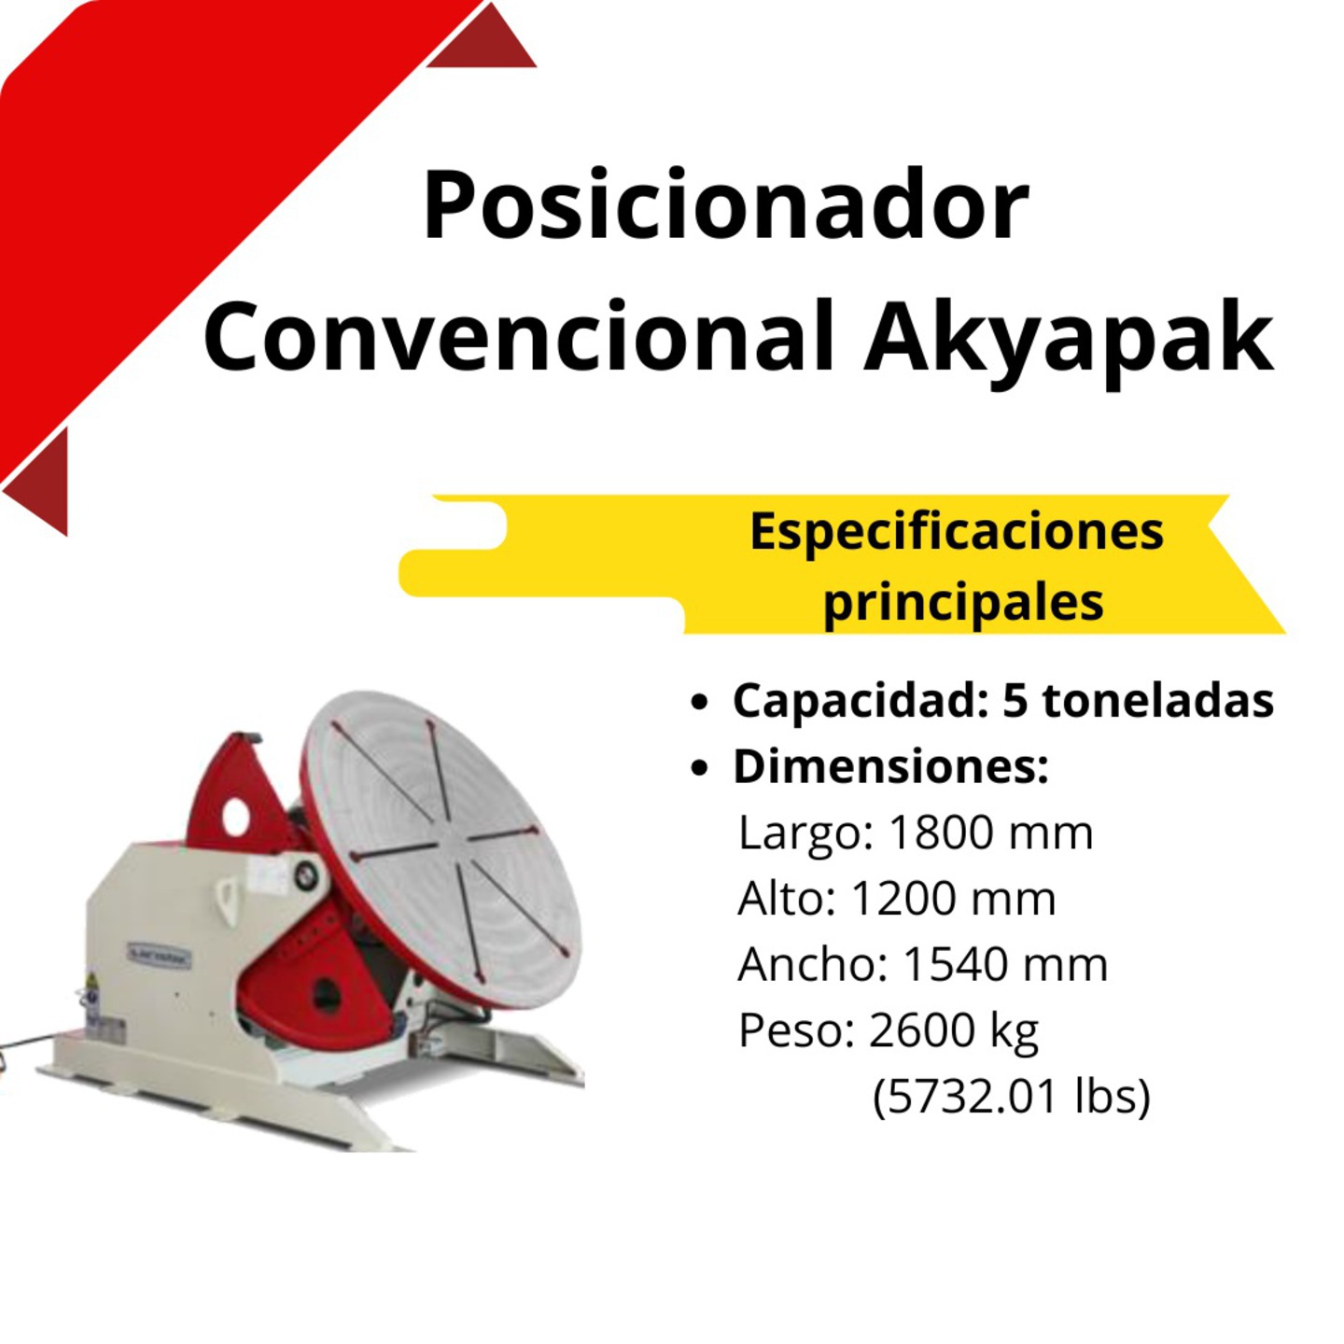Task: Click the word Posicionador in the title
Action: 725,204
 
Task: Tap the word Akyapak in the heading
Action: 1069,338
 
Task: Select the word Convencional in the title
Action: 520,338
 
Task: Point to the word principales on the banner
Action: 964,603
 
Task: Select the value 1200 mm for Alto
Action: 954,898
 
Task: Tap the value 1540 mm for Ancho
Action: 1005,964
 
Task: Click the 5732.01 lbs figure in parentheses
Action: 1012,1098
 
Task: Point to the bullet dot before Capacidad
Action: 699,703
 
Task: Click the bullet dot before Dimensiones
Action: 699,768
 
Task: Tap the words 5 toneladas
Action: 1139,700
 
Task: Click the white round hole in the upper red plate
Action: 239,815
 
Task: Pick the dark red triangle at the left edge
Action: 38,483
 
